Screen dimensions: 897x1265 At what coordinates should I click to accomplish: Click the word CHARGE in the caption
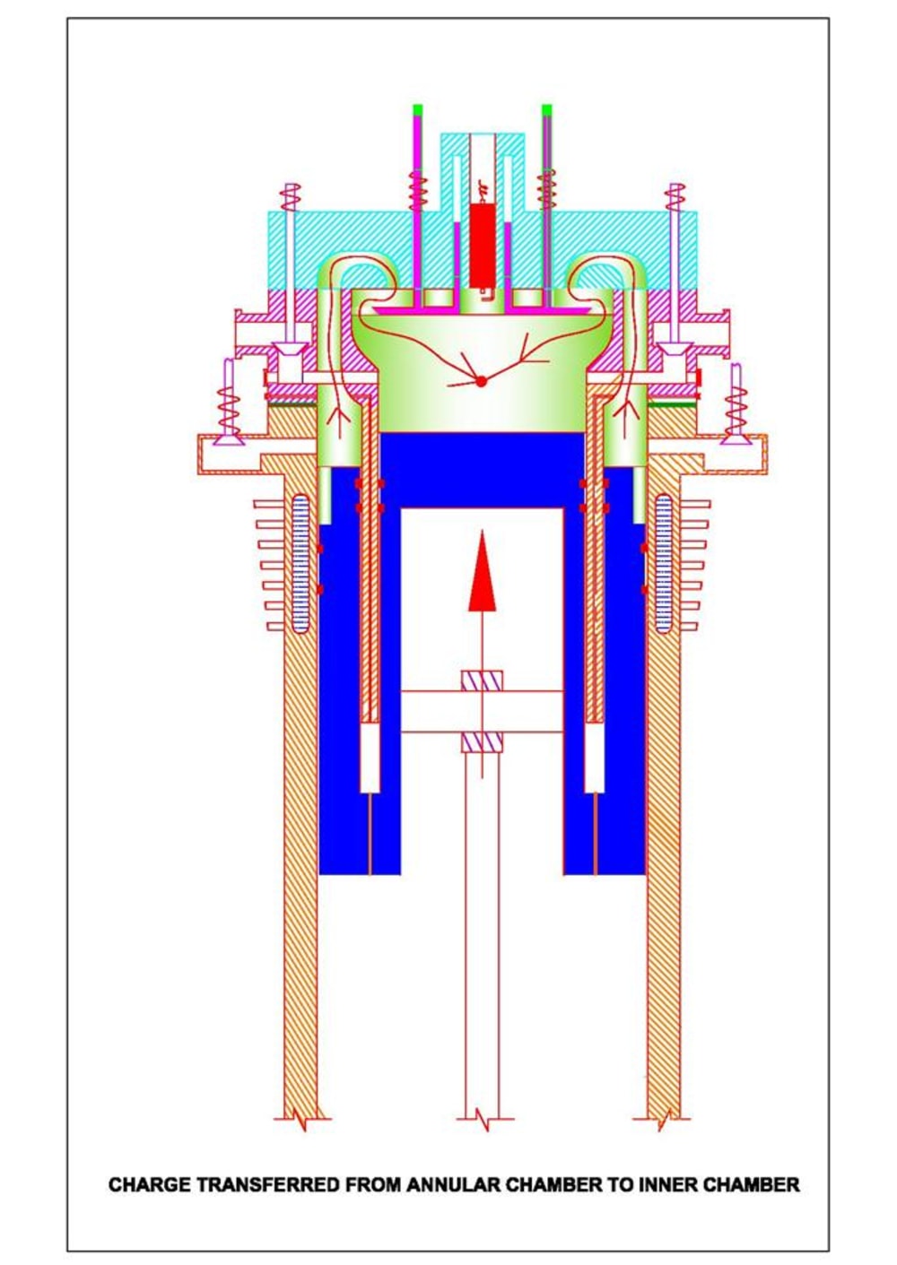click(x=149, y=1184)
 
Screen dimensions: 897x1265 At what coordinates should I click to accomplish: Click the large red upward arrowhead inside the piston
click(x=483, y=574)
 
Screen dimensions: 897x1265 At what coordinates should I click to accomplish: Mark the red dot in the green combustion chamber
click(x=481, y=381)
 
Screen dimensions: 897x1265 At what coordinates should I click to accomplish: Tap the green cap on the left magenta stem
click(x=418, y=110)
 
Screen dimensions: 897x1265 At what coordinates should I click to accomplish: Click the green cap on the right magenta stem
click(x=547, y=110)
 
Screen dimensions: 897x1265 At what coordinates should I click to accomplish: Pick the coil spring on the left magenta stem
click(x=418, y=190)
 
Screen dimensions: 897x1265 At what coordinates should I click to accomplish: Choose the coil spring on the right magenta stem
click(x=546, y=190)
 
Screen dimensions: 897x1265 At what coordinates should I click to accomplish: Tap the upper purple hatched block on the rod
click(x=482, y=681)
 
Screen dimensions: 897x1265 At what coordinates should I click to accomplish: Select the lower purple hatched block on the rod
click(x=482, y=742)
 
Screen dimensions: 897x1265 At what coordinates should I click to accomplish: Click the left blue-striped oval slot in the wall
click(x=300, y=563)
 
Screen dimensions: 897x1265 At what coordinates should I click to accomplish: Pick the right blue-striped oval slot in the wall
click(x=663, y=563)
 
